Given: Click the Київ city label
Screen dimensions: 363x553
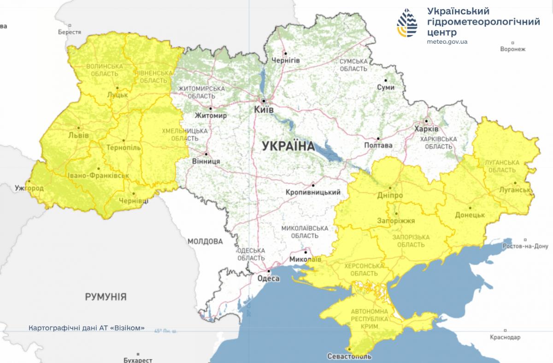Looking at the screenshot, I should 264,110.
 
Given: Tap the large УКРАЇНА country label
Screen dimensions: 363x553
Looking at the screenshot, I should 288,146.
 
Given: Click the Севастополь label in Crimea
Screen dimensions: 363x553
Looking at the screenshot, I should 349,356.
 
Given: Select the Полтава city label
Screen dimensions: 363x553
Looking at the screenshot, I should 378,146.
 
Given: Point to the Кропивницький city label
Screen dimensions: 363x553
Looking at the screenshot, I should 313,192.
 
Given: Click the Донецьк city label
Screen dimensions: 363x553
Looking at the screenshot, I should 470,215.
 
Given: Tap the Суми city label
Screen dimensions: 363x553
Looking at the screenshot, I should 386,88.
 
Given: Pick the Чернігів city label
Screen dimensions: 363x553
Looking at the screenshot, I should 286,60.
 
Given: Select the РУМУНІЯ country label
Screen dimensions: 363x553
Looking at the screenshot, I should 106,296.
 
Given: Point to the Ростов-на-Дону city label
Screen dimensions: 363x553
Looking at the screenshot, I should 525,246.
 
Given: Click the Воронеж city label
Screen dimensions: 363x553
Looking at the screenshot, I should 512,49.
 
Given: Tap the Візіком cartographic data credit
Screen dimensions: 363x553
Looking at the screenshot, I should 87,328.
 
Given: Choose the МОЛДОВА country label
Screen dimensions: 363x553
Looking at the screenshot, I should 205,241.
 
